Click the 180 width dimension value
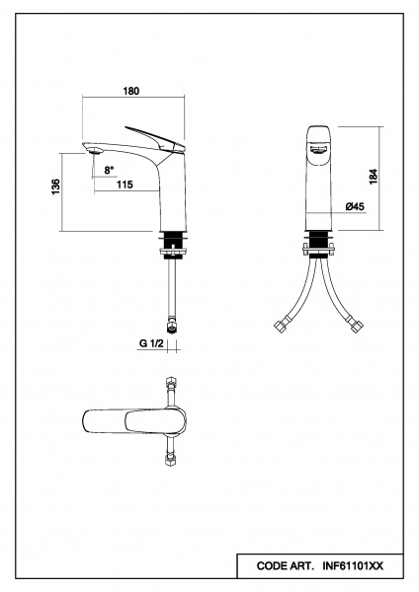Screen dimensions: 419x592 tap(131, 91)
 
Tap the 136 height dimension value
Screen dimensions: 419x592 tap(55, 186)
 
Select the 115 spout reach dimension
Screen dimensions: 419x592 tap(125, 185)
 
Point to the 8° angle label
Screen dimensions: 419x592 tap(109, 171)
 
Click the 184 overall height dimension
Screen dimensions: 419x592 tap(374, 177)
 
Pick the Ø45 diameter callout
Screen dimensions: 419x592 tap(355, 206)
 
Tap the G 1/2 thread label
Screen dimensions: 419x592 tap(151, 343)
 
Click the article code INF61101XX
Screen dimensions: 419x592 tap(353, 566)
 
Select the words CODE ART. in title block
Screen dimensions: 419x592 tap(286, 566)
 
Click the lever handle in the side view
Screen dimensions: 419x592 tap(155, 139)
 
